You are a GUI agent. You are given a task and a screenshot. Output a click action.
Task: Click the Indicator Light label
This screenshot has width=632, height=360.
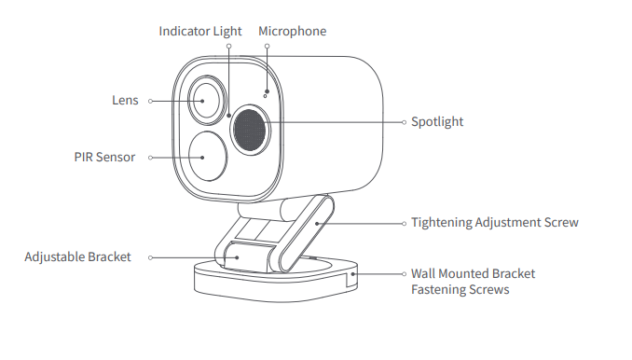199,32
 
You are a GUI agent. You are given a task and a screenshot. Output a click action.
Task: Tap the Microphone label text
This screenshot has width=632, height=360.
293,32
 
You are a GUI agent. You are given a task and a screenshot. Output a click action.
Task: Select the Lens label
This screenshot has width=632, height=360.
125,101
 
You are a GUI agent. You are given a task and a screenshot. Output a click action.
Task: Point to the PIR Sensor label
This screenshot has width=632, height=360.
104,158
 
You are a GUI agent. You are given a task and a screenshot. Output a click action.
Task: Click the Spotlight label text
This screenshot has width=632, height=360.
437,122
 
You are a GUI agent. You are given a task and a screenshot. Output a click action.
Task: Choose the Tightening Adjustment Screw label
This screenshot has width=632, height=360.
495,223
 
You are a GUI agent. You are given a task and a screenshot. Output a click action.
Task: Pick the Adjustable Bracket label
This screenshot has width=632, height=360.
77,256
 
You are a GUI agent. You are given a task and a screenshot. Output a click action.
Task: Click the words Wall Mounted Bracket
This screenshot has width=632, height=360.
473,274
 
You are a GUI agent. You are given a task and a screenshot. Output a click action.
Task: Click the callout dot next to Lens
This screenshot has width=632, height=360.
151,101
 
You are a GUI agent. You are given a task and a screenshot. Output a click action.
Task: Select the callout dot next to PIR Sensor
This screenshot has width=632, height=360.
149,158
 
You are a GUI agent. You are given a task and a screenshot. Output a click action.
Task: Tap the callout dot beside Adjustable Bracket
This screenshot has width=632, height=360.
149,256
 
